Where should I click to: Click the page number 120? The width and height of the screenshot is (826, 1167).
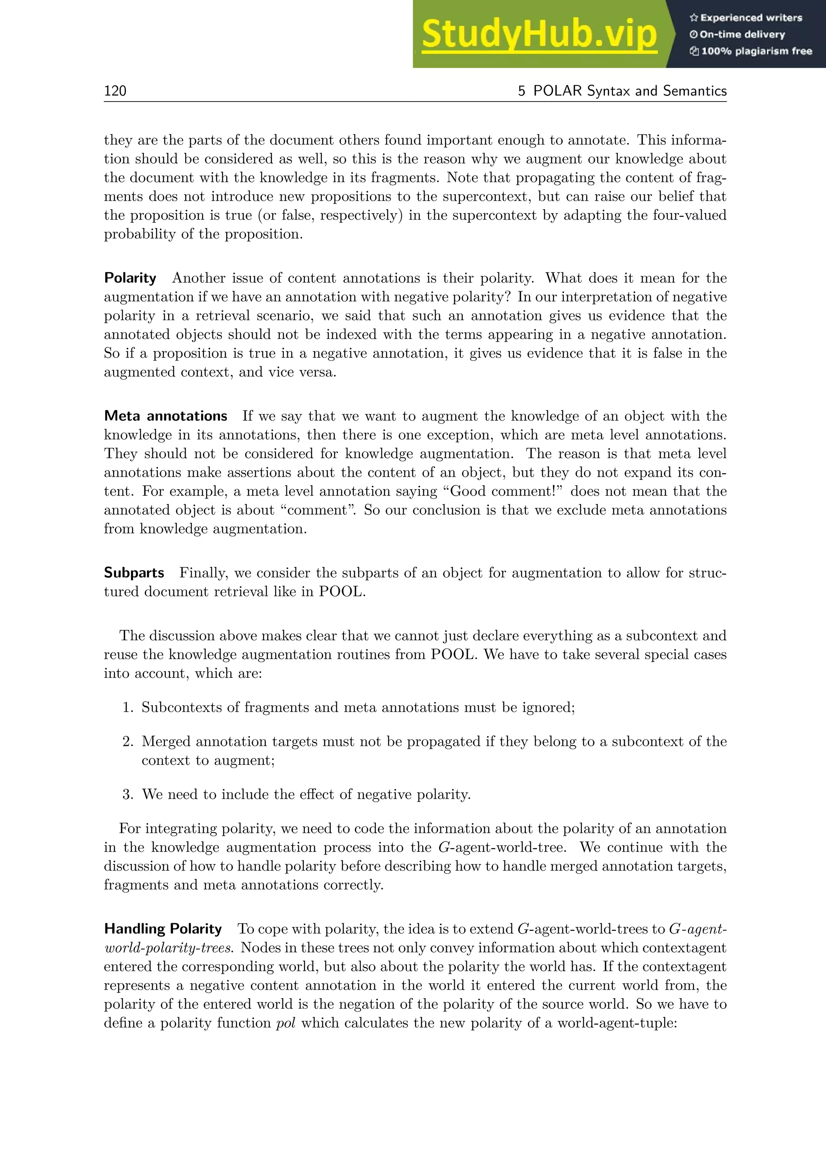point(115,91)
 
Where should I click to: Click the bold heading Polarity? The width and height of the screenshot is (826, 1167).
point(130,278)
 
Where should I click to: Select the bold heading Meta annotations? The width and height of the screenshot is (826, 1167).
point(165,416)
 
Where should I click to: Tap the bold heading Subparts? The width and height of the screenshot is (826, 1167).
point(134,573)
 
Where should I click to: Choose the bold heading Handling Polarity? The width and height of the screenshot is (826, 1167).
point(163,929)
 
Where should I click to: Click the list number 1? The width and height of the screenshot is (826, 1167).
point(128,708)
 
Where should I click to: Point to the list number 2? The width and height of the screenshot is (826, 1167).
point(128,741)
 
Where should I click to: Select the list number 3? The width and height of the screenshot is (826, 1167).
point(128,794)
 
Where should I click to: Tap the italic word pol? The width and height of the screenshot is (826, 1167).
point(285,1023)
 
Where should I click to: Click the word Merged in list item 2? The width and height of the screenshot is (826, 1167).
point(166,741)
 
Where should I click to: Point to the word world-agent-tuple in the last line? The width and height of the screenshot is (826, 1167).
point(616,1023)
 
